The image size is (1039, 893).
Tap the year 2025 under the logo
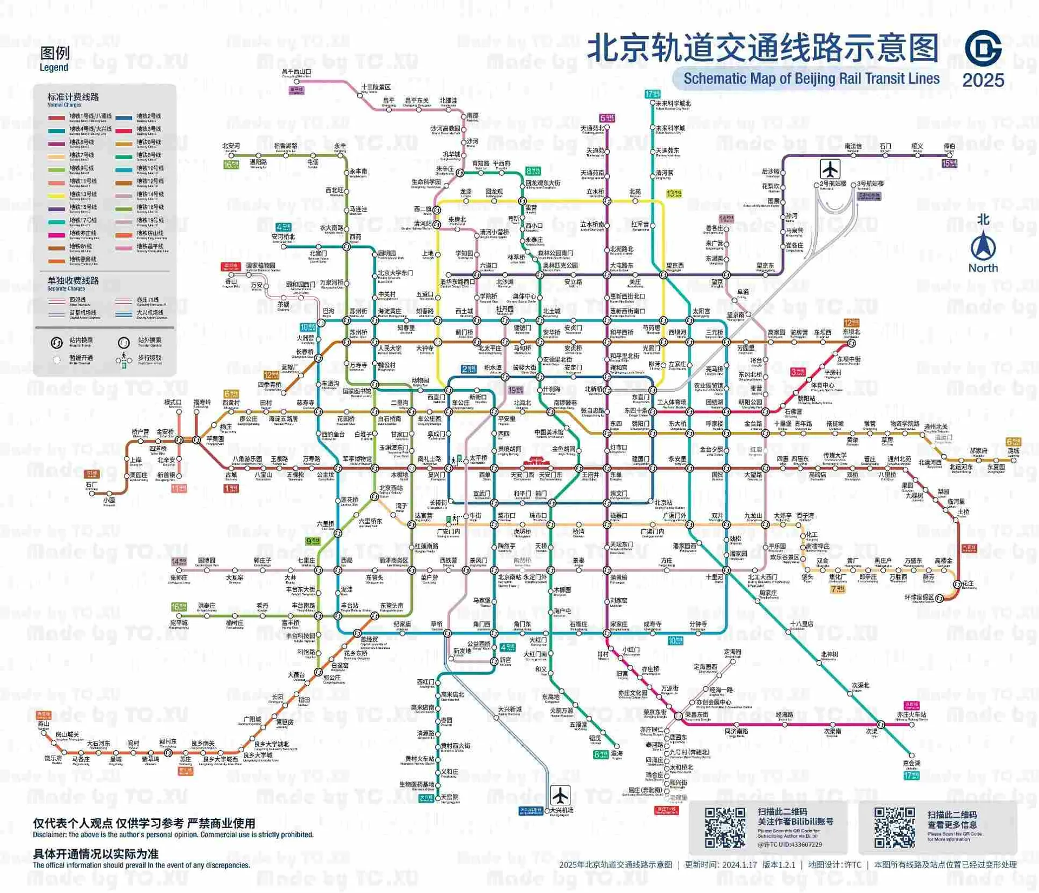click(983, 80)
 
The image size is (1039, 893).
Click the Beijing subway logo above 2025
click(983, 48)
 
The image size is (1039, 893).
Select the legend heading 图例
click(55, 53)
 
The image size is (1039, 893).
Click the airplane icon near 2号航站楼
click(830, 169)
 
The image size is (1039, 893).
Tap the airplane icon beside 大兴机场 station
click(560, 795)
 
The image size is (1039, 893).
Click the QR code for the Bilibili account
click(725, 828)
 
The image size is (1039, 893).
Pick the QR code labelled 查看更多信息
click(895, 828)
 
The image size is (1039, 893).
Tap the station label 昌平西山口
click(296, 71)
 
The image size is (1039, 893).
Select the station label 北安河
click(231, 146)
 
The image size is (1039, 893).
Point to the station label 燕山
click(43, 724)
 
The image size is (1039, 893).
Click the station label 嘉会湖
click(911, 763)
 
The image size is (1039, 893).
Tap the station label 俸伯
click(949, 146)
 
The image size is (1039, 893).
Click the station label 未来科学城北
click(673, 103)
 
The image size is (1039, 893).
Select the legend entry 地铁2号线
click(148, 116)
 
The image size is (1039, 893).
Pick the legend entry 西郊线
click(77, 300)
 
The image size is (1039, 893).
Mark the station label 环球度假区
click(919, 597)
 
